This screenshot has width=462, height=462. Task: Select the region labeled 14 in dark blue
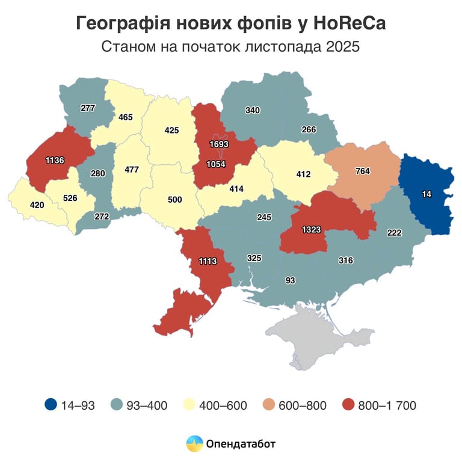point(427,194)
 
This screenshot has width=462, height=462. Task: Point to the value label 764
point(363,171)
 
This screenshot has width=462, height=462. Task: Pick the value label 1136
point(55,160)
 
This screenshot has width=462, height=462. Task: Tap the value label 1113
point(207,260)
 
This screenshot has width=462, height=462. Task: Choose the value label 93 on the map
point(291,280)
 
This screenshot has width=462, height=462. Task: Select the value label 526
point(70,197)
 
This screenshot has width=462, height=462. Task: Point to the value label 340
point(253,110)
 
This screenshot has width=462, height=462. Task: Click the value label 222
point(394,233)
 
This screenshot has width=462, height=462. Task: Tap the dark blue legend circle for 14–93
point(51,405)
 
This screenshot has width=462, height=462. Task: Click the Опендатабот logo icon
point(194,444)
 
